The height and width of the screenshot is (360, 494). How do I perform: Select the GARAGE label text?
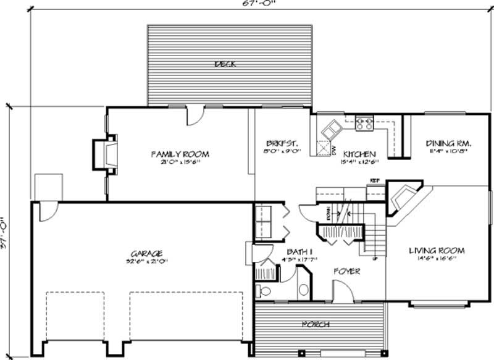146,253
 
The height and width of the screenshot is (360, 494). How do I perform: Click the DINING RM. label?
448,143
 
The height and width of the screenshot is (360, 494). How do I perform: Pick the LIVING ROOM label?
437,251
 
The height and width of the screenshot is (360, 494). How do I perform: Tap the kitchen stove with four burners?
364,124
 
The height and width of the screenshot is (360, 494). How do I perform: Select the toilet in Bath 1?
264,291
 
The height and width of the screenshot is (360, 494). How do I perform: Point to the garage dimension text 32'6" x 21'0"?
147,261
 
